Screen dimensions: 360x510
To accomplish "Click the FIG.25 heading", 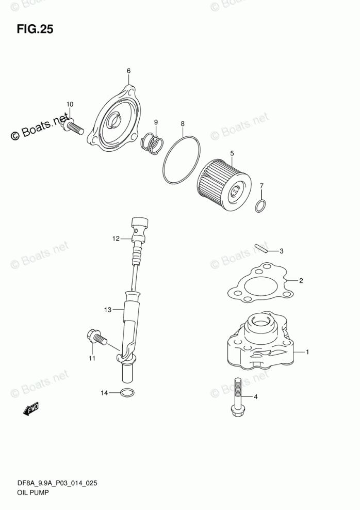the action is point(35,29).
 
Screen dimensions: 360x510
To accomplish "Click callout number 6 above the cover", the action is point(129,71).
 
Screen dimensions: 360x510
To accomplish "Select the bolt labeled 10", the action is point(72,125).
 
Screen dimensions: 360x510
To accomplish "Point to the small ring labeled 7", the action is point(261,206).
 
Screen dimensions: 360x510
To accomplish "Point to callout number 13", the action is point(108,310).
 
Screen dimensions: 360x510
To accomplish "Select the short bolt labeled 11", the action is point(96,338).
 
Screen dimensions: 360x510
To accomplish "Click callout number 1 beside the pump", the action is point(307,352).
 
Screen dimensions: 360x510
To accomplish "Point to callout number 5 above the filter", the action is point(232,153).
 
